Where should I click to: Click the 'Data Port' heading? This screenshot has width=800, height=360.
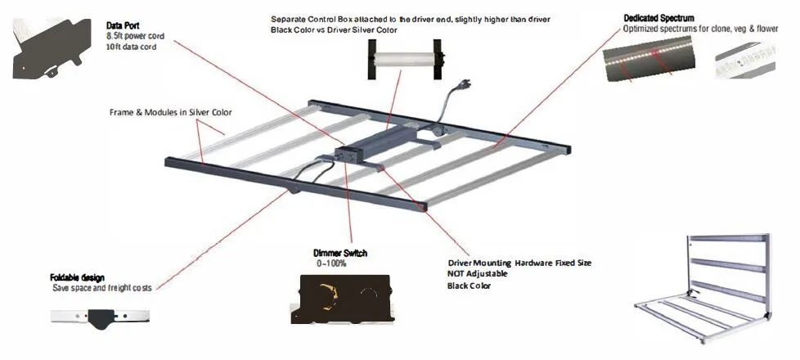click(122, 26)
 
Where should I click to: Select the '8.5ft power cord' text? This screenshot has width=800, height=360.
click(137, 37)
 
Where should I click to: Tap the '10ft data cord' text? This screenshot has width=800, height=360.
click(131, 47)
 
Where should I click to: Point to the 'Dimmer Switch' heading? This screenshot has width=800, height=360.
click(339, 254)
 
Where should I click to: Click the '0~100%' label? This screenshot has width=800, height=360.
click(333, 264)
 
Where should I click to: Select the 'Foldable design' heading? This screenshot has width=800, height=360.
click(77, 278)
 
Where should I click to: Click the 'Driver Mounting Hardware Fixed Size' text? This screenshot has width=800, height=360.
click(519, 263)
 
